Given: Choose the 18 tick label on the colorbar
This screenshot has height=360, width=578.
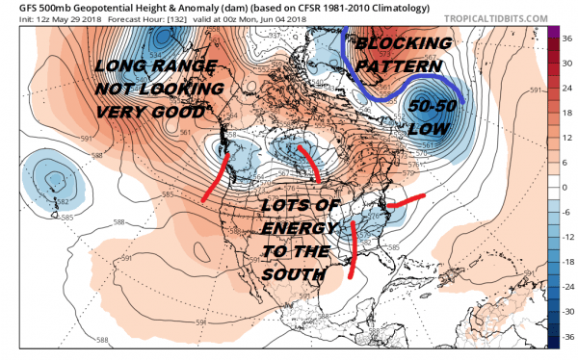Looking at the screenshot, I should tap(563, 116).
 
